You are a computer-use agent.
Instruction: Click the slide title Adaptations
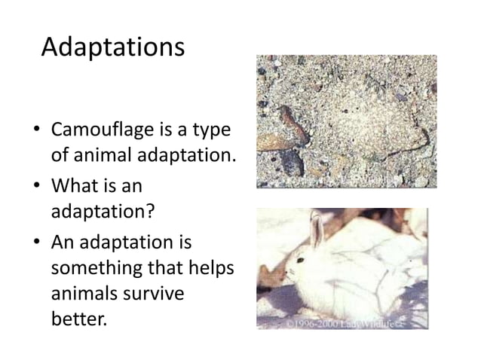point(112,47)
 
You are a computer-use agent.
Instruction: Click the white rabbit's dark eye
point(299,261)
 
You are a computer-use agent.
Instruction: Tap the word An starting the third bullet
point(61,245)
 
